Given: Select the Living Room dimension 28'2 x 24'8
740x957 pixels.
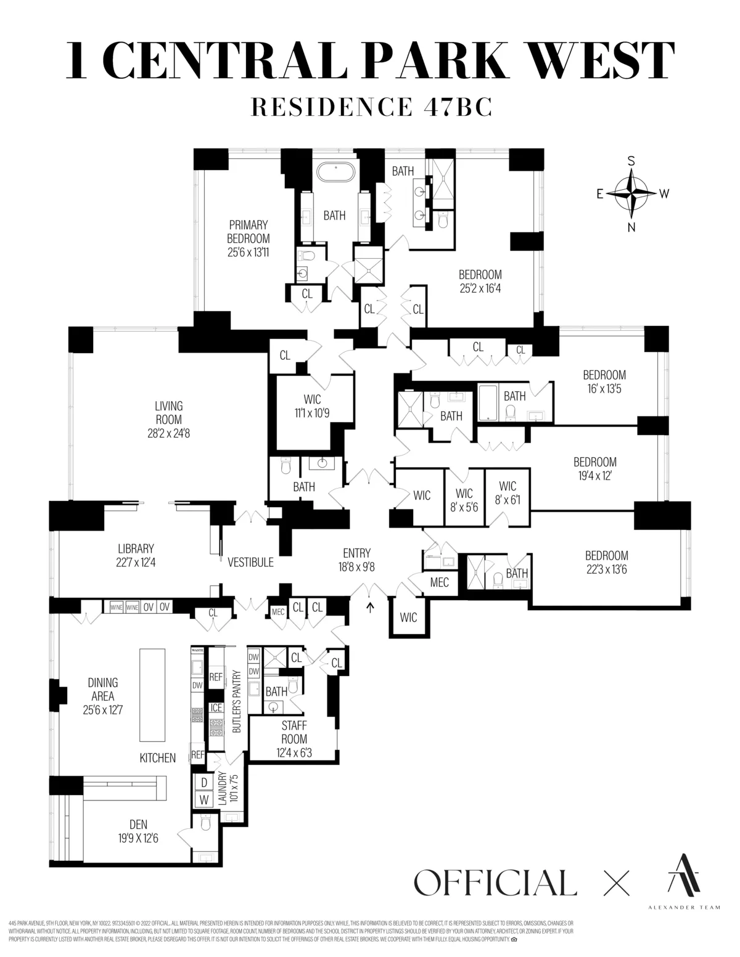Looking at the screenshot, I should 168,433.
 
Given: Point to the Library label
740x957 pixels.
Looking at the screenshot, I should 136,548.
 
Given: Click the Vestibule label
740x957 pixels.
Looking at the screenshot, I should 250,563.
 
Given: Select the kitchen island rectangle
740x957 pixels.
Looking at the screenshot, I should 152,694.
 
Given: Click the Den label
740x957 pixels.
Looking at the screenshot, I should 138,825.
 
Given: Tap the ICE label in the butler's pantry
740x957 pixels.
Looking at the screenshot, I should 216,708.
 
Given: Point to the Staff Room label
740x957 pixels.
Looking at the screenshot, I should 294,732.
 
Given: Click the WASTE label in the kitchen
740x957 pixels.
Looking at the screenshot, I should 197,650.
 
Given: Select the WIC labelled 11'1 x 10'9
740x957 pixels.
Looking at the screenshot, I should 312,406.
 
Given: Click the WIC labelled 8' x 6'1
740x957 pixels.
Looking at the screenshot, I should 508,494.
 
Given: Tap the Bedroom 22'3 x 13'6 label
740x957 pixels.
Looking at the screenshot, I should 606,562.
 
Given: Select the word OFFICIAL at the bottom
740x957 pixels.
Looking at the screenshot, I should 495,882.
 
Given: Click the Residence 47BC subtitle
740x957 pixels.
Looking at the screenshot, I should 371,106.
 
